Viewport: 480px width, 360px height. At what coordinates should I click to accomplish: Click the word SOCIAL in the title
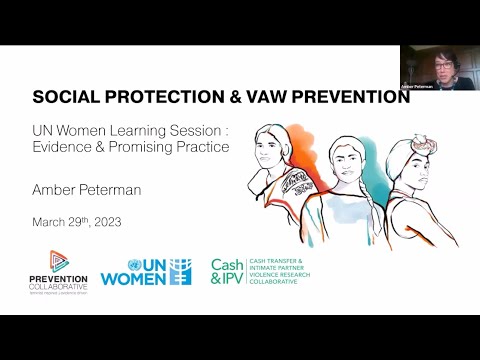tap(62, 98)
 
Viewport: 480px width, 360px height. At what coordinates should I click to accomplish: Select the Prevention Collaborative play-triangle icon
tap(59, 260)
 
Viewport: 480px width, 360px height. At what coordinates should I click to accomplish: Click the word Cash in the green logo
tap(227, 264)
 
